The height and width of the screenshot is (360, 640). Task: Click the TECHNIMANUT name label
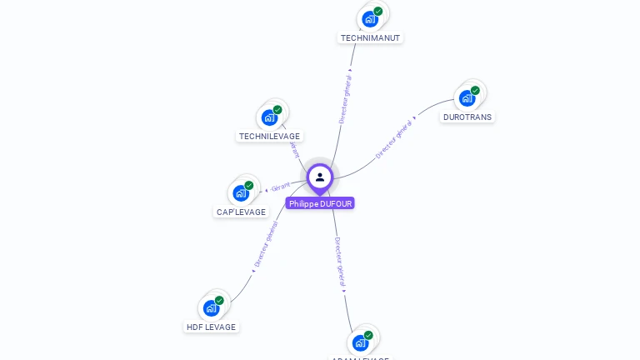[x=371, y=37]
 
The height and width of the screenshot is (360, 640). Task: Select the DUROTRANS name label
[x=467, y=117]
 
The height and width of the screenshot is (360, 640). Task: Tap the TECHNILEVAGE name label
[x=269, y=136]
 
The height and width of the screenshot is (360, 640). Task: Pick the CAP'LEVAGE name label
[x=241, y=212]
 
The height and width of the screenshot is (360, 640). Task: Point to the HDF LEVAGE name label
[x=211, y=327]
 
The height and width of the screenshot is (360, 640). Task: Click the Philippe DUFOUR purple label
[x=320, y=203]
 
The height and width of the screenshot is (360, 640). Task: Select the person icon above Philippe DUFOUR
[x=320, y=177]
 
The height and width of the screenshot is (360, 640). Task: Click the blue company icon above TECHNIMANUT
[x=369, y=18]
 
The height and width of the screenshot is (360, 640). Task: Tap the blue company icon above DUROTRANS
[x=467, y=97]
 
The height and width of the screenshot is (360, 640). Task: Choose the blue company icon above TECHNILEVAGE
[x=268, y=117]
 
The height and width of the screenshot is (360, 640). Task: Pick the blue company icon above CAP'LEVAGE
[x=241, y=192]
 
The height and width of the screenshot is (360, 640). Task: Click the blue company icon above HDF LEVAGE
[x=211, y=307]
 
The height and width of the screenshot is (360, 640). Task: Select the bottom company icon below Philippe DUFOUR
[x=360, y=342]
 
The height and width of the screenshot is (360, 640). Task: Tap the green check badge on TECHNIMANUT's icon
[x=378, y=12]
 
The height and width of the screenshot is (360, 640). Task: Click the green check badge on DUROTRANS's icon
[x=475, y=90]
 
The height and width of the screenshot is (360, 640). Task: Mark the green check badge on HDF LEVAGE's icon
[x=219, y=300]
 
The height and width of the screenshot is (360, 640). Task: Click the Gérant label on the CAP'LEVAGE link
[x=281, y=186]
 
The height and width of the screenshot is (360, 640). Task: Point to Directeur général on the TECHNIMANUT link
[x=345, y=98]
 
